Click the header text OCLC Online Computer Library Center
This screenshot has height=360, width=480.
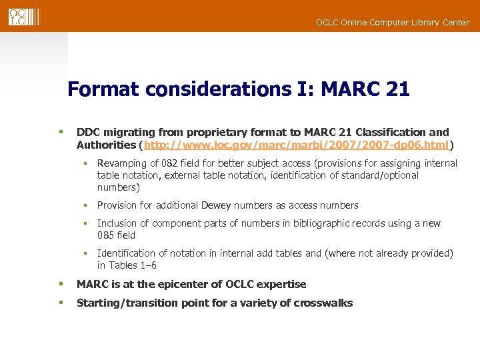coord(392,23)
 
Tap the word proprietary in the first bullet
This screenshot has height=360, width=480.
coord(217,133)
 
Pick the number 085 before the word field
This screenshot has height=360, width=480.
coord(106,235)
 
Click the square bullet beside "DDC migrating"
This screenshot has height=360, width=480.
coord(61,133)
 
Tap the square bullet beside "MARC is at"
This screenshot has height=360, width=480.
coord(61,284)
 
